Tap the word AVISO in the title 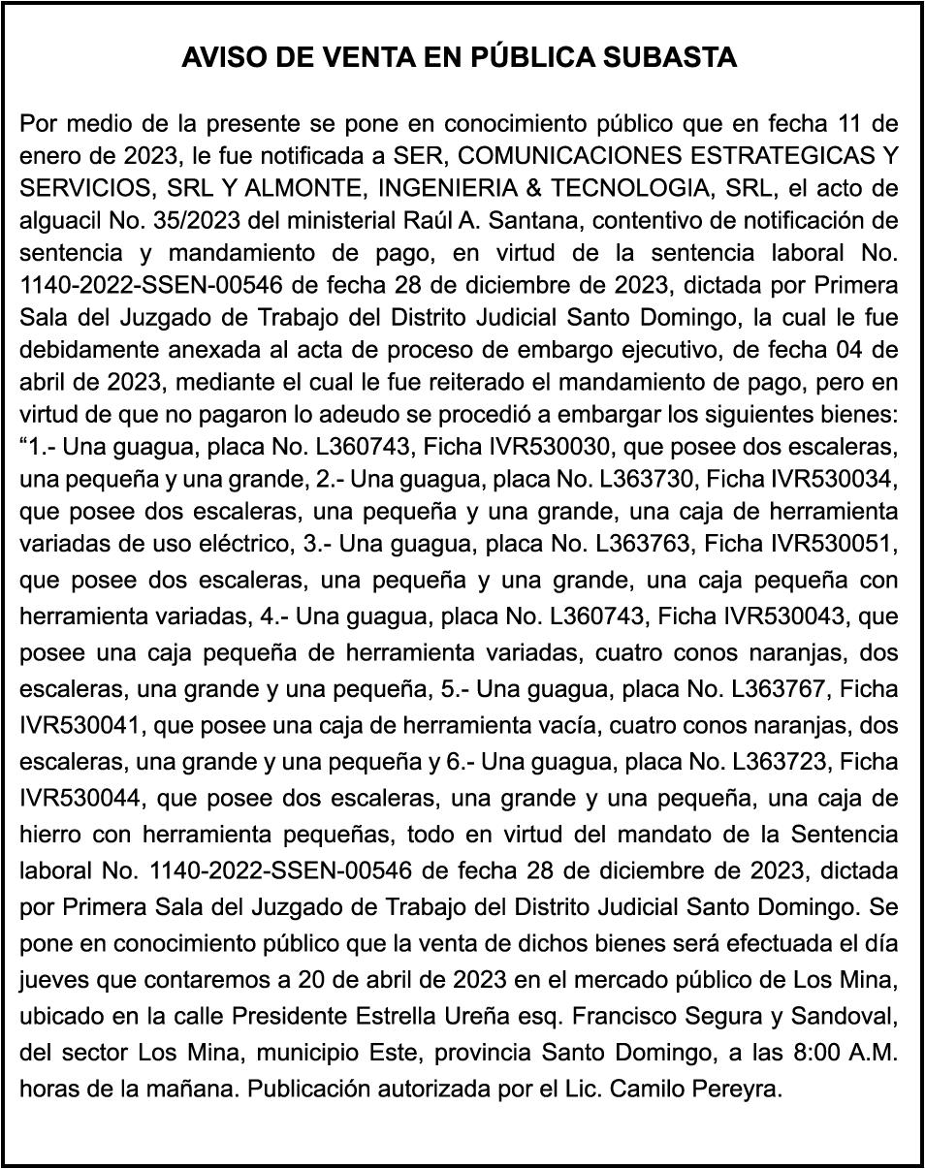(217, 58)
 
